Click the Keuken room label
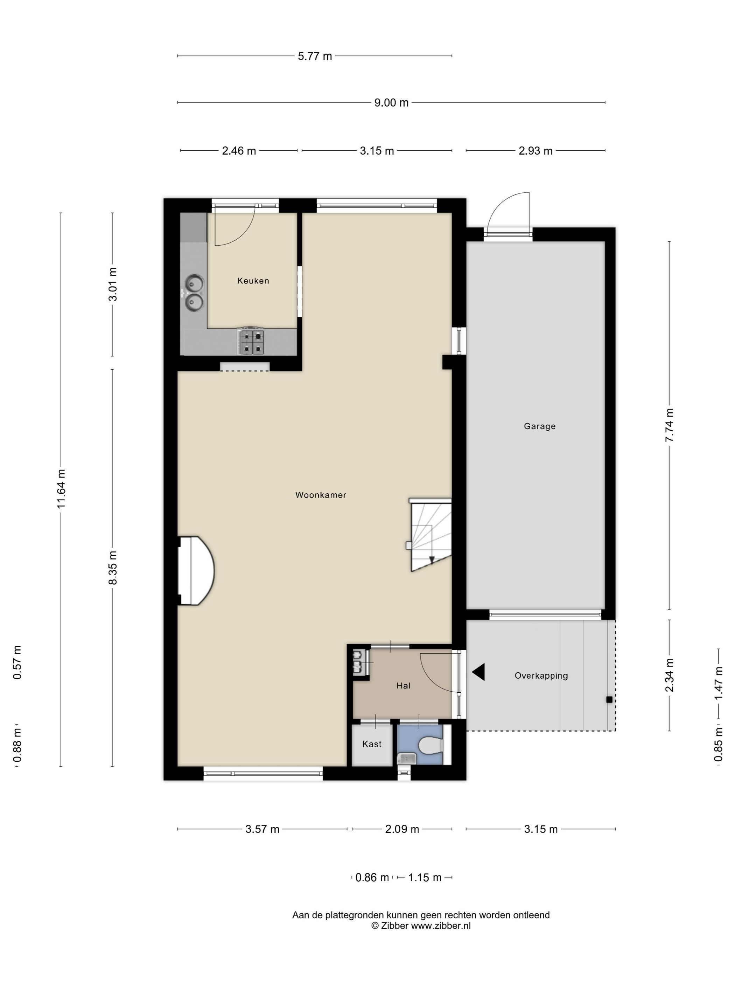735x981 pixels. coord(253,280)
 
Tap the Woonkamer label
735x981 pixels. coord(321,495)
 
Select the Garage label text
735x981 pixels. coord(539,426)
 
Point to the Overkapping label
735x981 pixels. coord(541,675)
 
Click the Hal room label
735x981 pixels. coord(403,686)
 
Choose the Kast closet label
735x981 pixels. coord(372,744)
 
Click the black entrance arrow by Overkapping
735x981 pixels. coord(478,672)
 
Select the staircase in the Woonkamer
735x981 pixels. coord(430,535)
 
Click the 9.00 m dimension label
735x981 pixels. coord(391,103)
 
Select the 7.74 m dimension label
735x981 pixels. coord(670,425)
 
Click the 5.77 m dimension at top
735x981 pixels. coord(315,56)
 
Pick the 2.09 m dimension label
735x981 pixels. coord(402,829)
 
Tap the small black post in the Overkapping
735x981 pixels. coord(609,700)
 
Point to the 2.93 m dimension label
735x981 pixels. coord(535,151)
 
